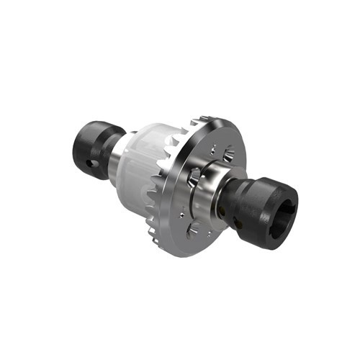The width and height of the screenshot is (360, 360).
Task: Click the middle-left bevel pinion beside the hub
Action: pyautogui.click(x=194, y=176)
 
